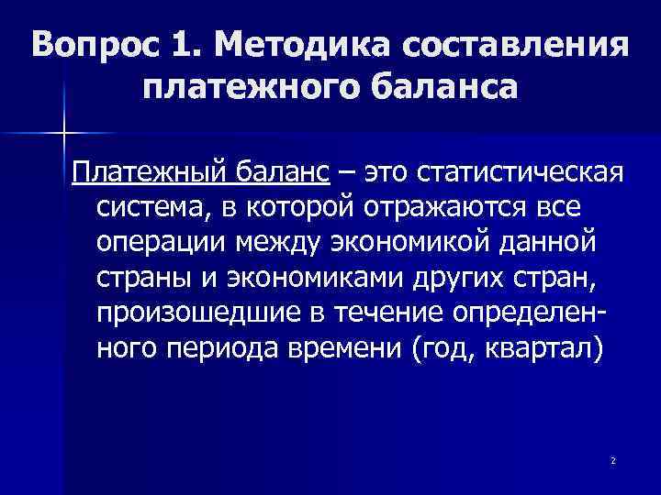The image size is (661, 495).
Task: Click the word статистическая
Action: click(x=521, y=171)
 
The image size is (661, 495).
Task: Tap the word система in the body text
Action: click(x=150, y=208)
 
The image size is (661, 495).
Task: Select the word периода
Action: click(x=218, y=354)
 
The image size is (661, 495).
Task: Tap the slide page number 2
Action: click(x=611, y=458)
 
